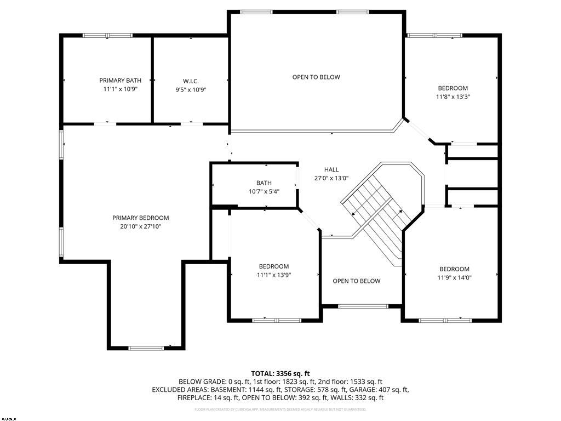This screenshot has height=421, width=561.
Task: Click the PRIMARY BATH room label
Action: click(x=120, y=81)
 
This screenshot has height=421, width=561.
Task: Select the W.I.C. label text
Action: click(x=191, y=81)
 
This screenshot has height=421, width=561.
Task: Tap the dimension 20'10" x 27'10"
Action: click(x=140, y=226)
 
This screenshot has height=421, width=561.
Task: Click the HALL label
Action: click(x=331, y=170)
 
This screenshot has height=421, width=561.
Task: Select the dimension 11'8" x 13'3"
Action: click(x=453, y=96)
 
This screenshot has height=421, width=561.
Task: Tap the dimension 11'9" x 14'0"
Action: click(x=454, y=277)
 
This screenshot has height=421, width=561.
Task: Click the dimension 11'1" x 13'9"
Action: click(x=273, y=275)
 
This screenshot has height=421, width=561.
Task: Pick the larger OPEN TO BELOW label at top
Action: click(x=316, y=77)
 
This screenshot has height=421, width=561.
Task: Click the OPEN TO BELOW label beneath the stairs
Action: click(x=356, y=281)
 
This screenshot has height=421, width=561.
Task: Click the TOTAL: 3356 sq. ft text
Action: click(x=280, y=373)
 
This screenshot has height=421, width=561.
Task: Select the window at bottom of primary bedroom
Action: click(x=146, y=348)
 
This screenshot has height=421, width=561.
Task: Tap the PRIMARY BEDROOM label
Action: click(x=141, y=218)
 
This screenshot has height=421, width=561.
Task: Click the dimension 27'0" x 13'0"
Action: click(x=331, y=178)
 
